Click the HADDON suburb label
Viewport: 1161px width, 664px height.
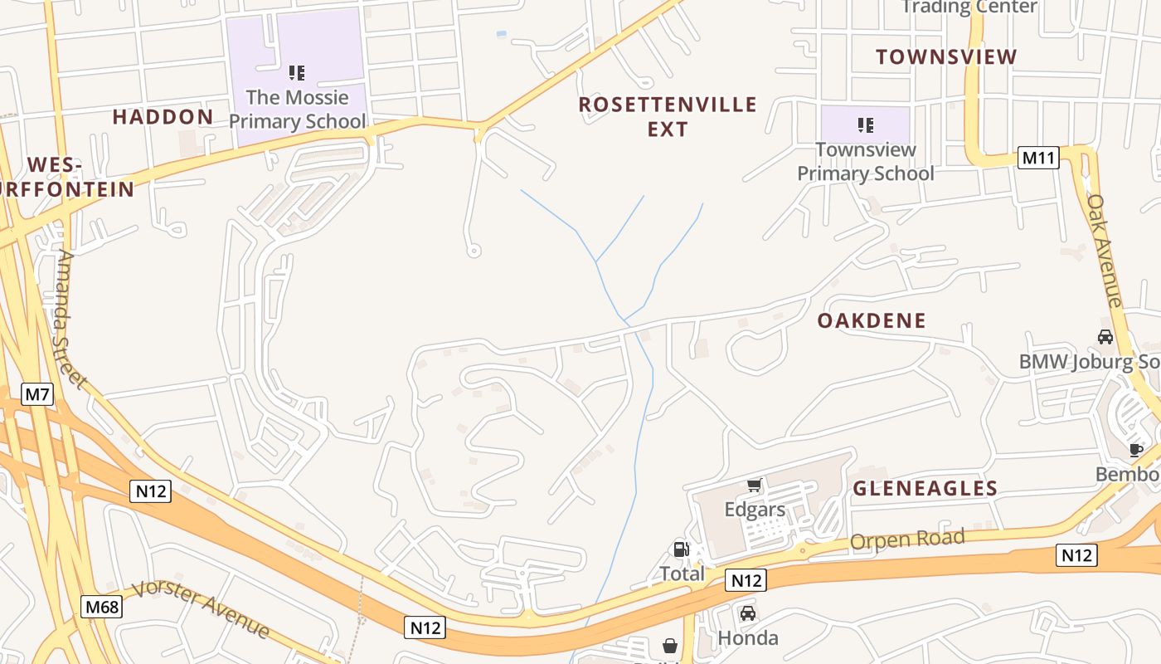pyautogui.click(x=163, y=117)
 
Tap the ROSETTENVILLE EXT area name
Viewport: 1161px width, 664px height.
pyautogui.click(x=668, y=116)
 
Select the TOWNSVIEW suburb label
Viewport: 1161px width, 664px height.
pyautogui.click(x=946, y=57)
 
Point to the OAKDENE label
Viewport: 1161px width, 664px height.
pyautogui.click(x=872, y=321)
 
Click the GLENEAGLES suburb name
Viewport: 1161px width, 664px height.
pyautogui.click(x=925, y=489)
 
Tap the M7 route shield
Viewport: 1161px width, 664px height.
pyautogui.click(x=37, y=394)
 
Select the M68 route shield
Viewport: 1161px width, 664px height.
pyautogui.click(x=102, y=607)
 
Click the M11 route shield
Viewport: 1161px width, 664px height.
pyautogui.click(x=1038, y=158)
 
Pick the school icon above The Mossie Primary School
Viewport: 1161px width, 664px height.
pyautogui.click(x=297, y=73)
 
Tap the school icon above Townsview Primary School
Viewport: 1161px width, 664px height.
pyautogui.click(x=866, y=125)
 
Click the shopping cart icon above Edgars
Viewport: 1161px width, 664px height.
pyautogui.click(x=754, y=485)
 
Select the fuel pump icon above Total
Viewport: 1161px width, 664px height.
pyautogui.click(x=681, y=549)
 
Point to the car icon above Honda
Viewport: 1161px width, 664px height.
pyautogui.click(x=747, y=613)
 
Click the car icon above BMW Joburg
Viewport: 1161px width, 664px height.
pyautogui.click(x=1105, y=337)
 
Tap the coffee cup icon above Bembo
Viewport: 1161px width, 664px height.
pyautogui.click(x=1135, y=450)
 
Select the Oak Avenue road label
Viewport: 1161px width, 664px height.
pyautogui.click(x=1105, y=250)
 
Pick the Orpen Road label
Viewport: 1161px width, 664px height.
pyautogui.click(x=907, y=540)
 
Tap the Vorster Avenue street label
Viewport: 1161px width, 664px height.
pyautogui.click(x=202, y=609)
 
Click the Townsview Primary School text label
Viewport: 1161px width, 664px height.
pyautogui.click(x=866, y=162)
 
